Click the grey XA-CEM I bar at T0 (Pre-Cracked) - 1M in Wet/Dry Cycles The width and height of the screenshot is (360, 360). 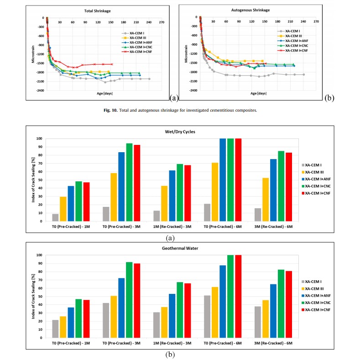coord(55,217)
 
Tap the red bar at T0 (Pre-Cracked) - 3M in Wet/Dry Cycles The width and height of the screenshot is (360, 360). coord(137,183)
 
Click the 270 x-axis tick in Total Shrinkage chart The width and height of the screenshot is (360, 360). coord(162,22)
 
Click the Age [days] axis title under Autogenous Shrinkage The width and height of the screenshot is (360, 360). coord(258,93)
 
